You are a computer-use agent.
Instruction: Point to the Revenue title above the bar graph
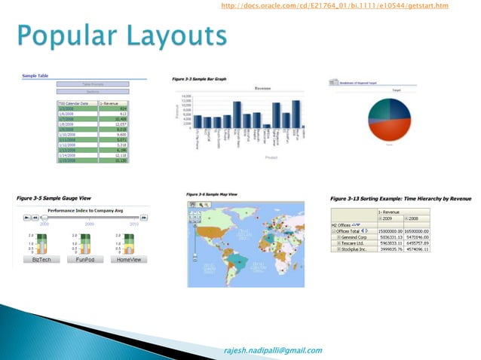(263, 87)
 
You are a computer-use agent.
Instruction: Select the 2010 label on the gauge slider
(134, 224)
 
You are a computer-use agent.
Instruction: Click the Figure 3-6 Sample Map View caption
(217, 195)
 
